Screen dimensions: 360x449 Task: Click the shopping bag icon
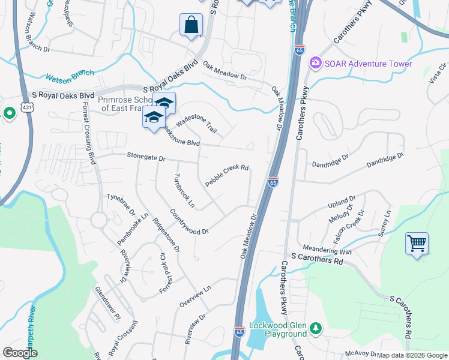pyautogui.click(x=191, y=26)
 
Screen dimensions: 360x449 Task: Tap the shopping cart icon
pyautogui.click(x=417, y=244)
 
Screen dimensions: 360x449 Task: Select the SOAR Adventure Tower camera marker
pyautogui.click(x=315, y=64)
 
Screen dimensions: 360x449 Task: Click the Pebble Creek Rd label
pyautogui.click(x=226, y=175)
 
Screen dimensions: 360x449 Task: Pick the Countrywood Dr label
pyautogui.click(x=188, y=221)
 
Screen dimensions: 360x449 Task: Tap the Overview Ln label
pyautogui.click(x=196, y=297)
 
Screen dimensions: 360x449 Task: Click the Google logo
pyautogui.click(x=20, y=352)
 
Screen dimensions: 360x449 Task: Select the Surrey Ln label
pyautogui.click(x=384, y=223)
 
